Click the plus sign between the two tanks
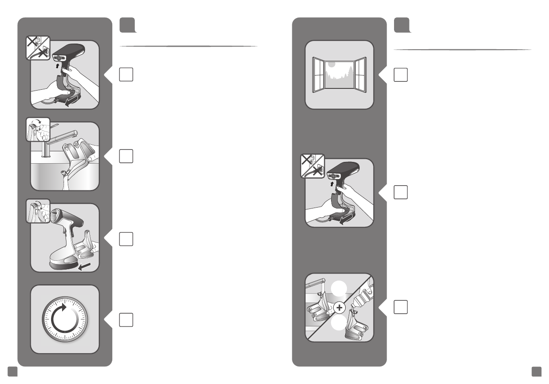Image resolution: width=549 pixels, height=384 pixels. pyautogui.click(x=339, y=308)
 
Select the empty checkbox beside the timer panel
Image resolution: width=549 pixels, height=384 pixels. pyautogui.click(x=126, y=319)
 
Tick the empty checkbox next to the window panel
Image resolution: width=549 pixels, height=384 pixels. pyautogui.click(x=400, y=75)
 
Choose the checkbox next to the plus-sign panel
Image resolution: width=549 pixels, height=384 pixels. pyautogui.click(x=400, y=307)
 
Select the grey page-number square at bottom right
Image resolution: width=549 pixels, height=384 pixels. pyautogui.click(x=536, y=372)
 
